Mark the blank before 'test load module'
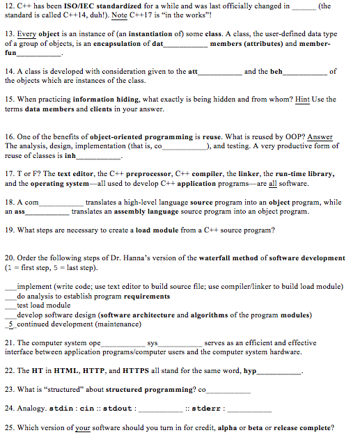coord(10,305)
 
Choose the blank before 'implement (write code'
coord(10,286)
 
